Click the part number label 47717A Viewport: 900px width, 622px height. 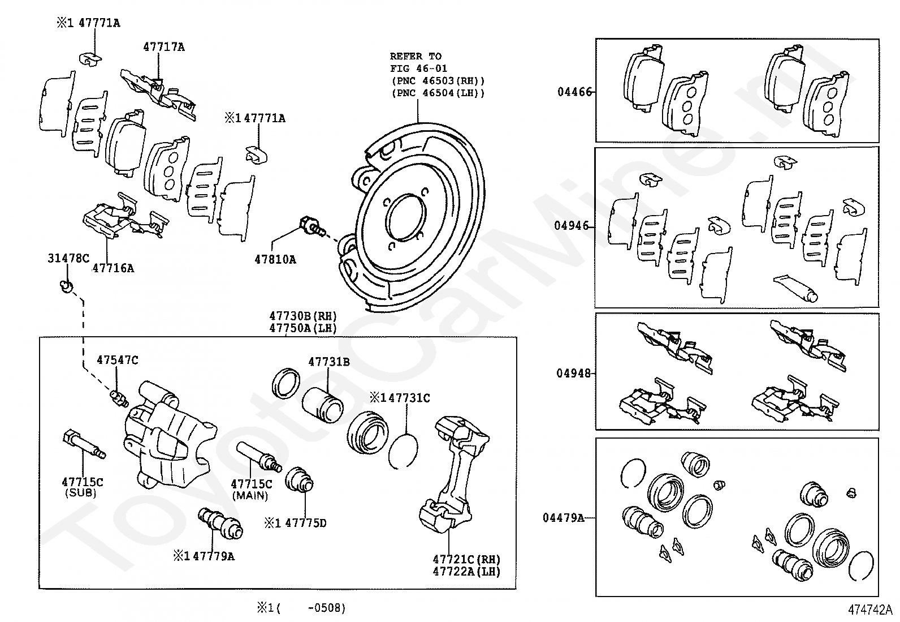point(164,47)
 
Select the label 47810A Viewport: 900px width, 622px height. point(275,260)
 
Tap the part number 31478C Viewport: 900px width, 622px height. point(68,258)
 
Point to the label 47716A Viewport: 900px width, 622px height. point(113,268)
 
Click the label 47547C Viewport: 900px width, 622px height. point(118,360)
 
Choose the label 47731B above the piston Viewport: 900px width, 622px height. point(329,362)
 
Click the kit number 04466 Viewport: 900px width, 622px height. point(575,92)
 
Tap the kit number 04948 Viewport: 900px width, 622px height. point(574,374)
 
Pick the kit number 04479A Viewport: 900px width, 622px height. point(564,517)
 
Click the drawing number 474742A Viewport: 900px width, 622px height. point(870,610)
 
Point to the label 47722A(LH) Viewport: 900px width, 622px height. point(466,571)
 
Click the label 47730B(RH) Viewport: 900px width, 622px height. point(303,316)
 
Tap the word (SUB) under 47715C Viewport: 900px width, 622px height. point(81,493)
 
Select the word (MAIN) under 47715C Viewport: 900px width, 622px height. point(250,495)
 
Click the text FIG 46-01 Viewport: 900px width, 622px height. point(419,68)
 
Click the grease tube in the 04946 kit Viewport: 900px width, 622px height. point(795,288)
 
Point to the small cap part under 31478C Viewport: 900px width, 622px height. point(66,287)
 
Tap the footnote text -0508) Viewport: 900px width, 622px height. point(327,608)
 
